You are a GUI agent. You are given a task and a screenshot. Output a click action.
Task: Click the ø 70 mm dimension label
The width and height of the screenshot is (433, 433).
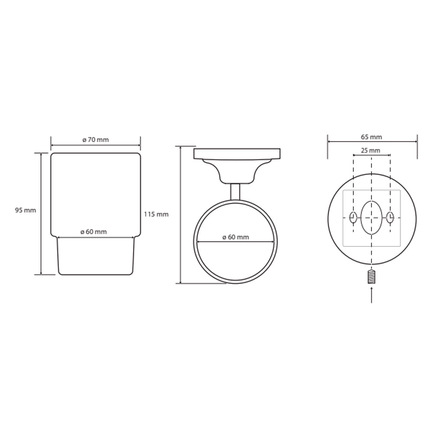click(96, 140)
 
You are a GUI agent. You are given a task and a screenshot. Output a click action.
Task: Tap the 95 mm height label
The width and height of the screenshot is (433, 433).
click(26, 210)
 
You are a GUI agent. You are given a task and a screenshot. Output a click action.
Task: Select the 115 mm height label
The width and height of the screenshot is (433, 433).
click(156, 214)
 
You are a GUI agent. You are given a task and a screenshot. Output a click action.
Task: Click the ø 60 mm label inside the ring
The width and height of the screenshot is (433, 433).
click(236, 237)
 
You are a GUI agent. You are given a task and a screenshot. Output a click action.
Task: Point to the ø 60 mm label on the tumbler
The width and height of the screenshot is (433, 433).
click(94, 232)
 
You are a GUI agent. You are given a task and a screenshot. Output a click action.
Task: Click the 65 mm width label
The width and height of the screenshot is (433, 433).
click(372, 137)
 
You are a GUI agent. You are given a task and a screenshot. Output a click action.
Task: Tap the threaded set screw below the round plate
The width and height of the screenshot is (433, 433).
click(372, 277)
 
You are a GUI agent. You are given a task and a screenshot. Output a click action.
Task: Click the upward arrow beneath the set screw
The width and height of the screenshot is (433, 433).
click(372, 295)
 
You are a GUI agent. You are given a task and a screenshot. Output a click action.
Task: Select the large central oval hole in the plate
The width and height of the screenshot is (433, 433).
click(372, 218)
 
